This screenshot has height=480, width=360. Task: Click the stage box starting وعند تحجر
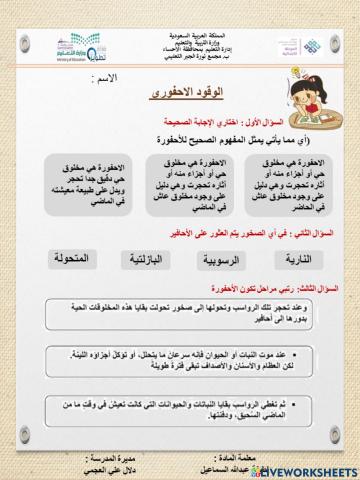[179, 314]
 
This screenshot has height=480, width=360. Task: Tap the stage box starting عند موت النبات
[179, 361]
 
